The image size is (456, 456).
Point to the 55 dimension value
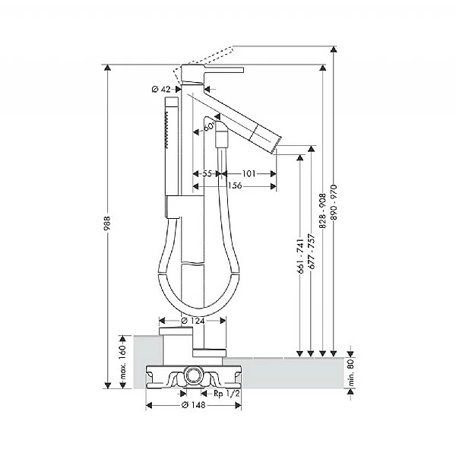(207, 174)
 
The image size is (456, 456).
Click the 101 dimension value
(249, 174)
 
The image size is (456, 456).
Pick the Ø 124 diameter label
(193, 320)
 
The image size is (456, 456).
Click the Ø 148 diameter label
(193, 405)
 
